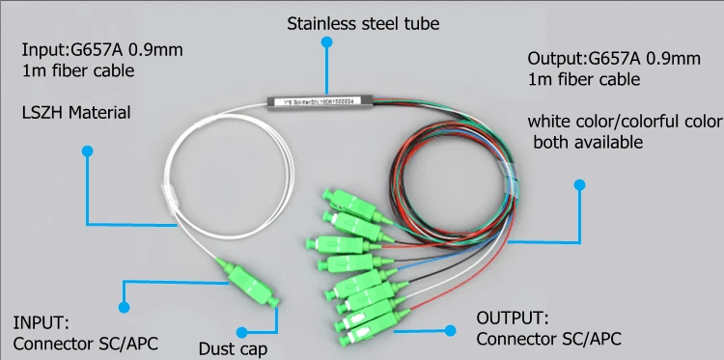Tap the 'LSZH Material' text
(x=76, y=114)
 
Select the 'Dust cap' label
(x=233, y=348)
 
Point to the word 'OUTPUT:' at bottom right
(x=514, y=318)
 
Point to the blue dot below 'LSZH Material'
(x=87, y=151)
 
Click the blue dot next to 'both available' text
(x=579, y=184)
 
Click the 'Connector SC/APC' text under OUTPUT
(x=548, y=339)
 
